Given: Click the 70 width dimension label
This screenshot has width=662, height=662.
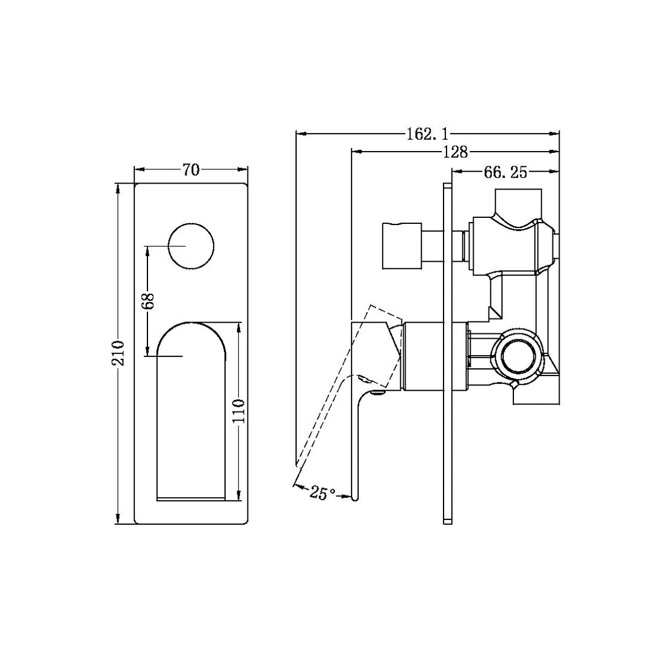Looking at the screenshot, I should [191, 170].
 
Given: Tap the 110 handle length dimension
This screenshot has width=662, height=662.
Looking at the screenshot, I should [240, 412].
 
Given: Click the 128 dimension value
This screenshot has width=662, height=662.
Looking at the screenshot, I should [455, 152].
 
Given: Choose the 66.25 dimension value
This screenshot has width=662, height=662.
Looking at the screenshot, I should [505, 173].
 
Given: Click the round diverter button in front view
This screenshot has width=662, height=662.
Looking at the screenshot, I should [191, 246].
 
